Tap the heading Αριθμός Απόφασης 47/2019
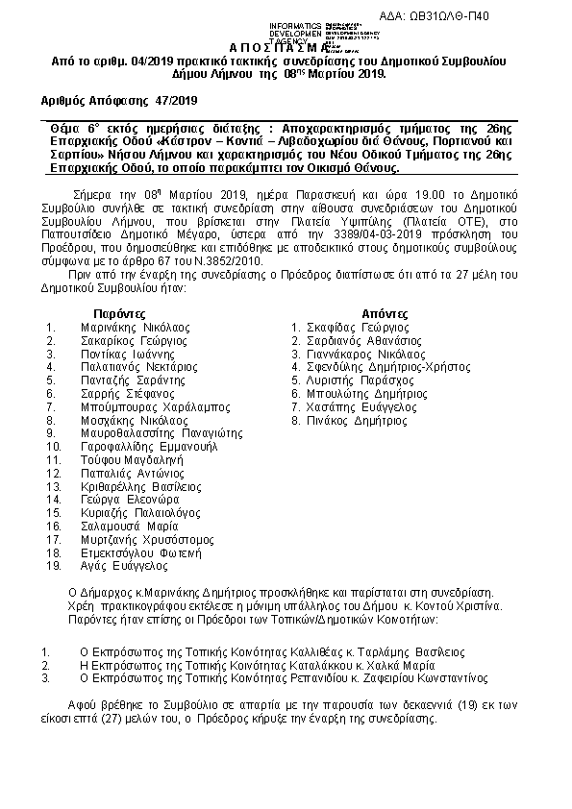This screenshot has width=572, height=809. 117,99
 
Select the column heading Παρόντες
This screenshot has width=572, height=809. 120,313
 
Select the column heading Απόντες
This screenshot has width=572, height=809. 386,313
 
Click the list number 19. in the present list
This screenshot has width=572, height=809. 53,566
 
